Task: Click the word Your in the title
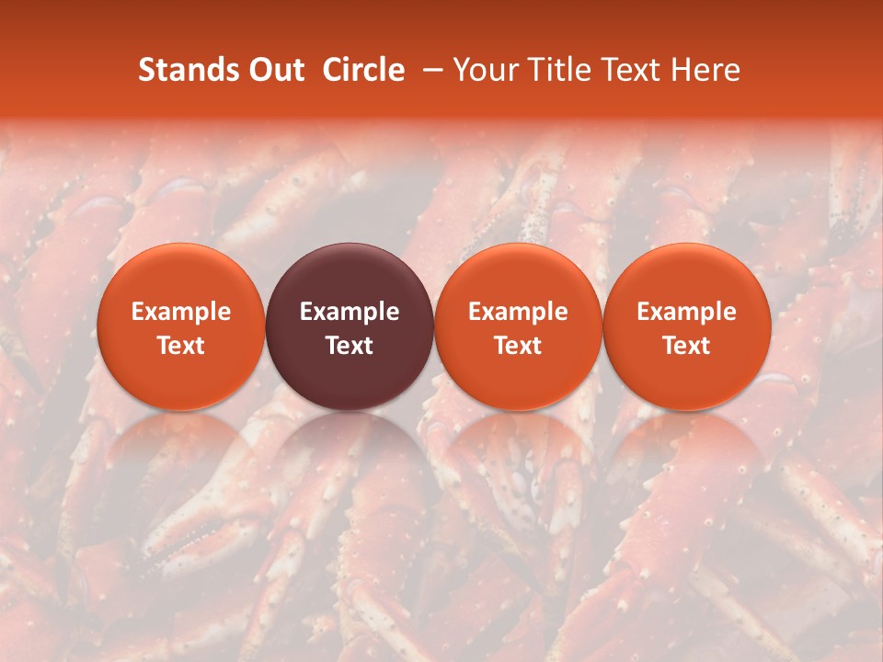(484, 70)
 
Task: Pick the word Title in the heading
(554, 70)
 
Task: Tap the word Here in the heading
(704, 70)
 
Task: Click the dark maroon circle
(350, 326)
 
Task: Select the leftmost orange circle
(180, 326)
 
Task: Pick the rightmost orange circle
(687, 326)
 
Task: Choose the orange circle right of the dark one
(518, 326)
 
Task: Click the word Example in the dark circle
(350, 312)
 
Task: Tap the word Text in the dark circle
(350, 346)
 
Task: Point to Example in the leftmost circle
(180, 312)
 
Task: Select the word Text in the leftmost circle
(180, 346)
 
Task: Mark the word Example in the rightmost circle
(687, 312)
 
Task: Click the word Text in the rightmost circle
(687, 346)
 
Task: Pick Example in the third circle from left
(518, 312)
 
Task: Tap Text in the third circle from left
(518, 346)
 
